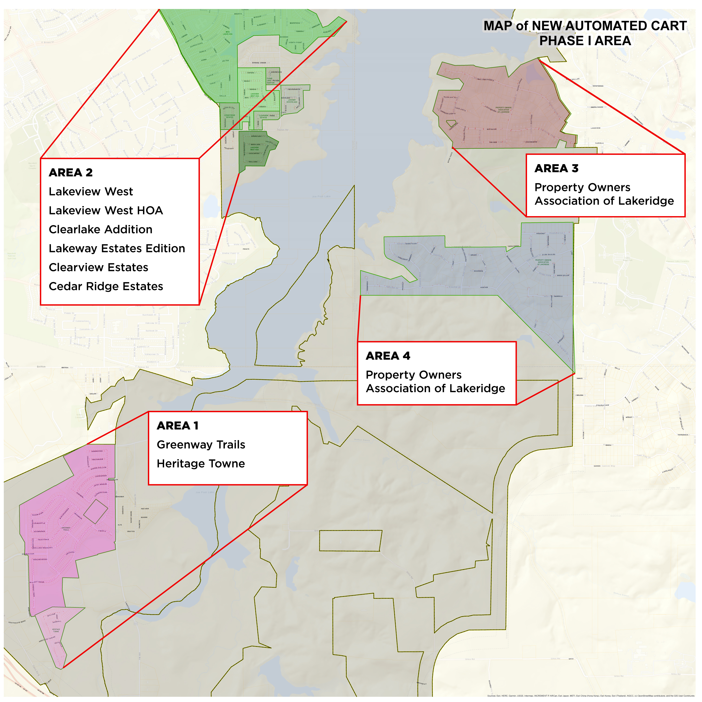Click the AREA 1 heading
pyautogui.click(x=178, y=425)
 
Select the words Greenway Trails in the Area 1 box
pyautogui.click(x=201, y=444)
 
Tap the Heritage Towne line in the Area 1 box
pyautogui.click(x=201, y=464)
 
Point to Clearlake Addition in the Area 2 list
pyautogui.click(x=101, y=229)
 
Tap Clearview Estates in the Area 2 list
pyautogui.click(x=99, y=267)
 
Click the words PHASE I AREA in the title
pyautogui.click(x=585, y=41)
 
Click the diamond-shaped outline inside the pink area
pyautogui.click(x=96, y=511)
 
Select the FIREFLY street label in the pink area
pyautogui.click(x=102, y=531)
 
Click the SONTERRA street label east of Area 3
pyautogui.click(x=598, y=86)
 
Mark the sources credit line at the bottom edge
pyautogui.click(x=590, y=695)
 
